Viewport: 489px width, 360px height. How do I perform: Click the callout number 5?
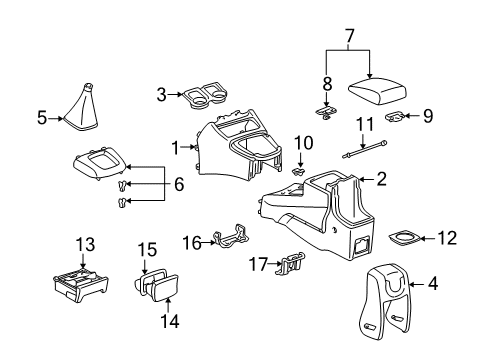click(x=42, y=117)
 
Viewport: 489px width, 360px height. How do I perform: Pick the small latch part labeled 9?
click(x=397, y=118)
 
